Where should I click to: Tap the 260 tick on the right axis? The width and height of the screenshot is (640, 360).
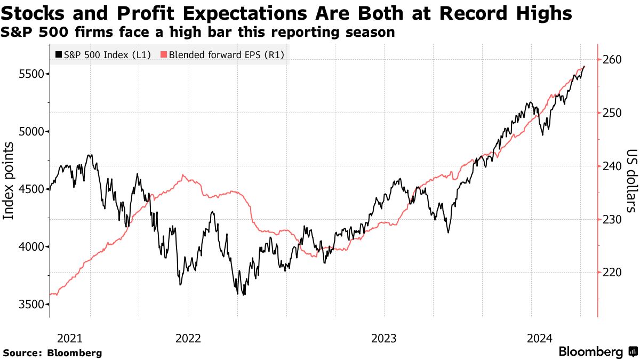[612, 60]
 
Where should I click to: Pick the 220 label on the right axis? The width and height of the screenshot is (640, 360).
[612, 273]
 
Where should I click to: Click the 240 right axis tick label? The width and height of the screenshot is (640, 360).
[612, 166]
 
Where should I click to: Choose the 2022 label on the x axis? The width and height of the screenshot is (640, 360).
[188, 338]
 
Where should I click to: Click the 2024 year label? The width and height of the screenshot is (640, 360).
[539, 338]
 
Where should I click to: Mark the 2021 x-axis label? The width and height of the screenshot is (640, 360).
[70, 338]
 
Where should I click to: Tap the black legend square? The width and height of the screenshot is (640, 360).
[58, 54]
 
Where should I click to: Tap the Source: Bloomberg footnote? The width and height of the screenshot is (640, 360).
[52, 353]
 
